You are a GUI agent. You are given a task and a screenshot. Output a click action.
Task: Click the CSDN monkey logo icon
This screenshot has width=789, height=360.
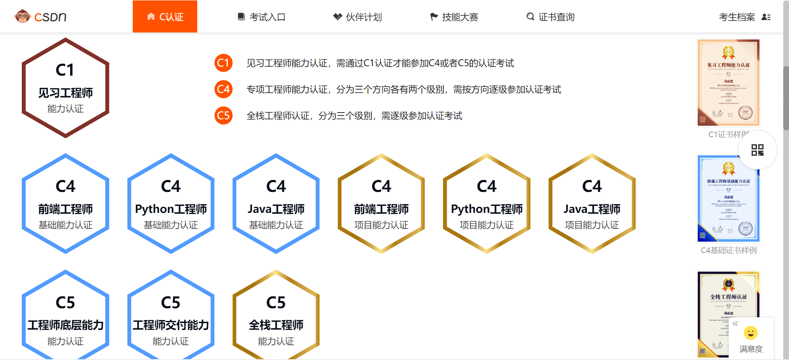(22, 16)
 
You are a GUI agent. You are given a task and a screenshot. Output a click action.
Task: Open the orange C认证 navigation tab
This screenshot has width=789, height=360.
(165, 17)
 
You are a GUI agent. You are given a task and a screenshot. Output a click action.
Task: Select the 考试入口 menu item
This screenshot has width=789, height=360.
(261, 17)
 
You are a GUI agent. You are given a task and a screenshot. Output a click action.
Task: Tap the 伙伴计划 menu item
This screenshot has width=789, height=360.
(358, 17)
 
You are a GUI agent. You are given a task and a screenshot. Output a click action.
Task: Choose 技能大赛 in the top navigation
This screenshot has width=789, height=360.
(454, 17)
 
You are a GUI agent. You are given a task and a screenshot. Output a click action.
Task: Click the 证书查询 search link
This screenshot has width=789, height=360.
(550, 17)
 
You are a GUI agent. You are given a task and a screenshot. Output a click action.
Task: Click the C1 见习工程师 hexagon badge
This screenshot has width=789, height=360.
(65, 88)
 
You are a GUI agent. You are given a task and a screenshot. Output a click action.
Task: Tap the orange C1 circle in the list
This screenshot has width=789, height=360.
(223, 63)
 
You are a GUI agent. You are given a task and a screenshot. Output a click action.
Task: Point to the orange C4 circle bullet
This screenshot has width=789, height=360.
(223, 89)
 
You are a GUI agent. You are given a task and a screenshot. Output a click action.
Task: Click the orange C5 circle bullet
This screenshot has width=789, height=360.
(223, 115)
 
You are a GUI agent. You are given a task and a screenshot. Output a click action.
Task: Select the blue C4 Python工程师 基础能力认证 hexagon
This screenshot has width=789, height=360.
(171, 204)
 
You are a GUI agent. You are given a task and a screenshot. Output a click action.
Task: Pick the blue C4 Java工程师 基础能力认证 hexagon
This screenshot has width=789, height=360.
(276, 204)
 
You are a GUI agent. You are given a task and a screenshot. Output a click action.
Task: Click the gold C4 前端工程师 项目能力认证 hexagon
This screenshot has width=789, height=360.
(381, 204)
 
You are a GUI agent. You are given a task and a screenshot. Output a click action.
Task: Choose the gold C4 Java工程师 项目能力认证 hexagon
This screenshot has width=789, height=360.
(592, 204)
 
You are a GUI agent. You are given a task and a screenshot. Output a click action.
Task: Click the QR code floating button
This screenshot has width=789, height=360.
(757, 150)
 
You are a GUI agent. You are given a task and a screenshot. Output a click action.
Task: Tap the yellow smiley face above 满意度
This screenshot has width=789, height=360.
(751, 333)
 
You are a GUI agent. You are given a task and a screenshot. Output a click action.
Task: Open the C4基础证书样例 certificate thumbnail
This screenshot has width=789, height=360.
(728, 199)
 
